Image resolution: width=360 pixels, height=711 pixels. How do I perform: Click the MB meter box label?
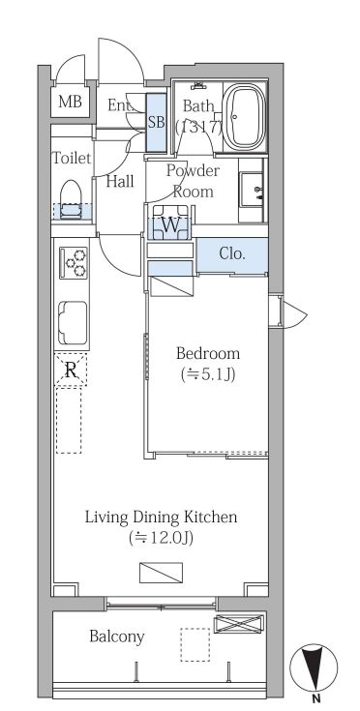70,102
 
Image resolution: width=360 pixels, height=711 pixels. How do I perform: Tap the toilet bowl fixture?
70,199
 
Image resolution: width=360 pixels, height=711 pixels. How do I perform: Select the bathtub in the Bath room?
245,117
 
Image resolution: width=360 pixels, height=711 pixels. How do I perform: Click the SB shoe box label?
157,123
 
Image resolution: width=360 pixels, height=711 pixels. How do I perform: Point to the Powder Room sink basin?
251,189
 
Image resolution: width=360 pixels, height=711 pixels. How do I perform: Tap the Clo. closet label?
232,253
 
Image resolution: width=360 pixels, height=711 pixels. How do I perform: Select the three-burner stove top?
74,263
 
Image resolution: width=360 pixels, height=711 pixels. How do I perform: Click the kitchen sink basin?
73,322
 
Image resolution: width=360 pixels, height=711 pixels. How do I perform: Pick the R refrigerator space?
71,370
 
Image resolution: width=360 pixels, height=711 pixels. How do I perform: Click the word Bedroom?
208,353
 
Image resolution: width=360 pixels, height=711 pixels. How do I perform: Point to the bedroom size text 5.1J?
208,374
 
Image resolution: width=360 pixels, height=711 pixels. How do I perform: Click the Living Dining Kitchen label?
162,517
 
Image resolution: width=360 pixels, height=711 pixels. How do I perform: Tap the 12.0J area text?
162,538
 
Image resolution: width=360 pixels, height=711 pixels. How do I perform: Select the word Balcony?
116,637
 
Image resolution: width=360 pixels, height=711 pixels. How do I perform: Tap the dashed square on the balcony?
195,644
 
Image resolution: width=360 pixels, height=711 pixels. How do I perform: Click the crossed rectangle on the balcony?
238,624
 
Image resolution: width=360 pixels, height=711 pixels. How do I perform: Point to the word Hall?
120,182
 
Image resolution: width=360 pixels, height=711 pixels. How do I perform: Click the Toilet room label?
72,159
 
